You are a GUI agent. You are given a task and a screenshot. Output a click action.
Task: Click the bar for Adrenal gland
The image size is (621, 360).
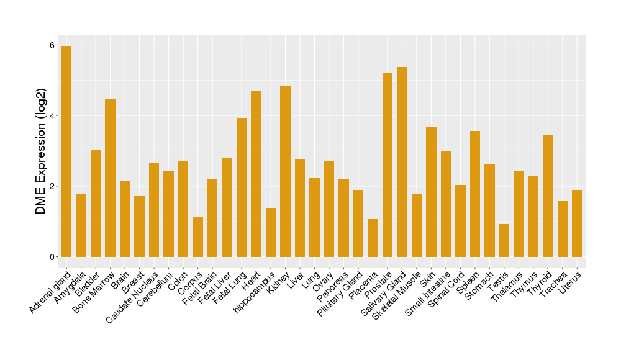click(x=66, y=151)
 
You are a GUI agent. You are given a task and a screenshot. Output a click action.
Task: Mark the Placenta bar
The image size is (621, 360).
click(x=373, y=238)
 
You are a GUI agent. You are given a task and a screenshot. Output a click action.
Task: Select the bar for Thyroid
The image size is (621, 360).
click(x=548, y=196)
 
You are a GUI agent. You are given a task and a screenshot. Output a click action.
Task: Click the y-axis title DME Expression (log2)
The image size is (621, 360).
click(x=41, y=151)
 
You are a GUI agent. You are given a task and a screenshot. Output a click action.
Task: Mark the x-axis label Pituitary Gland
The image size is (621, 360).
click(x=339, y=295)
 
